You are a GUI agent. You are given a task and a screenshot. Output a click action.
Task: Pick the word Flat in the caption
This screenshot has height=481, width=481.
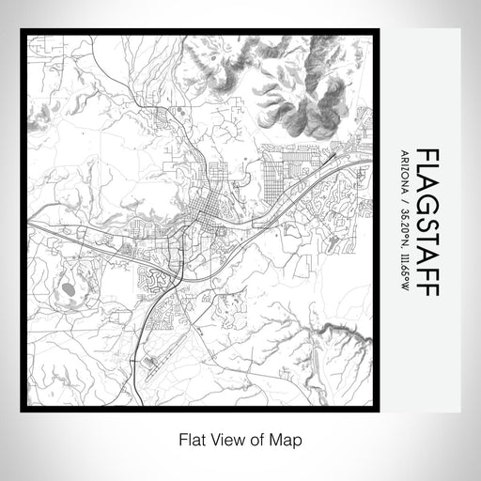coord(186,439)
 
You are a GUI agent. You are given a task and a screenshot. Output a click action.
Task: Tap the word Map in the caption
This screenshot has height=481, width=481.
coord(290,439)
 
